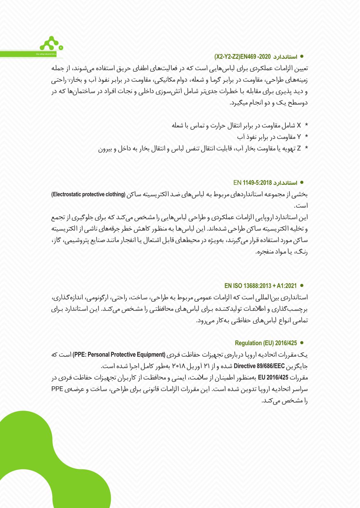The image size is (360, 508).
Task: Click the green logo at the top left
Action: (x=51, y=44)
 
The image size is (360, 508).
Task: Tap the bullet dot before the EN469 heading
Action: (x=302, y=56)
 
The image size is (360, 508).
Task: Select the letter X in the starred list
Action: (x=299, y=126)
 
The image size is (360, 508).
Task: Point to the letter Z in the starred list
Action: (x=299, y=148)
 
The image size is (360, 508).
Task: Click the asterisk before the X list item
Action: (x=306, y=126)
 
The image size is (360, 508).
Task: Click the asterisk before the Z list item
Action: (x=306, y=148)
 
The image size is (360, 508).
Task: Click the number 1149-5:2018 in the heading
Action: (x=257, y=183)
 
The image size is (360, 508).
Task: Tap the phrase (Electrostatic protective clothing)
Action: (x=88, y=194)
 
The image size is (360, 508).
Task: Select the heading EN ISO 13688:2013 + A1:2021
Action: (x=260, y=286)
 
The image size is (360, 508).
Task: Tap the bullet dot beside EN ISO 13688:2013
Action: (x=302, y=285)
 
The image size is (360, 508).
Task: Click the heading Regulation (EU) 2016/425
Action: (x=266, y=343)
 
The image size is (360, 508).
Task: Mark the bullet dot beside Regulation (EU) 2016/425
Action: (x=302, y=343)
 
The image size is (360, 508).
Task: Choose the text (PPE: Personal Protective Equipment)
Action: (x=119, y=355)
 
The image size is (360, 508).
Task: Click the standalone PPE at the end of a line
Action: (x=57, y=389)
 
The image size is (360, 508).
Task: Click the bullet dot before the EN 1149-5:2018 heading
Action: (x=302, y=182)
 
